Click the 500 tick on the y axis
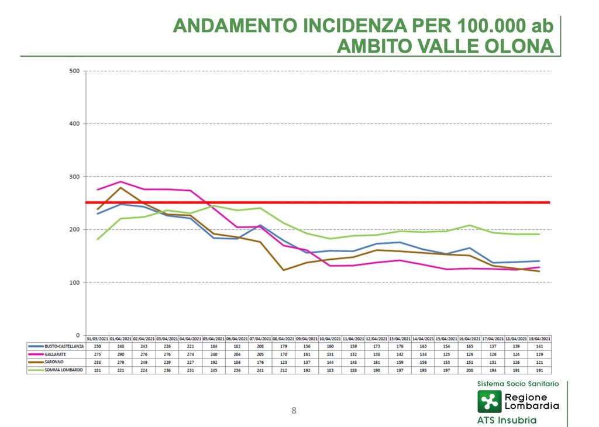(x=74, y=71)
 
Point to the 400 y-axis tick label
(x=74, y=124)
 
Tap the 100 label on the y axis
(x=74, y=283)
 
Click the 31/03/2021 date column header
(x=97, y=339)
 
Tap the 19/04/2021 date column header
(x=539, y=339)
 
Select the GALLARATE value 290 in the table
(x=121, y=354)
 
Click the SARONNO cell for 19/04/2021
(x=539, y=362)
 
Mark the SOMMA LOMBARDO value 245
(x=214, y=370)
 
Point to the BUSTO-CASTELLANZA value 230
(x=97, y=347)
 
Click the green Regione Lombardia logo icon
(x=489, y=401)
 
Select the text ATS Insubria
(x=507, y=420)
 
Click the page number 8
(x=294, y=411)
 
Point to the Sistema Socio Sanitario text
(x=518, y=384)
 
